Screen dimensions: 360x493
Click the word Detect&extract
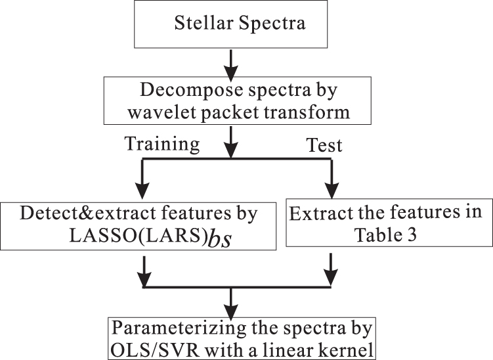91,214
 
